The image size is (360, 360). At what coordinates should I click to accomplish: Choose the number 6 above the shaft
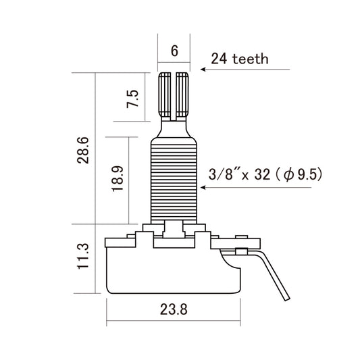pyautogui.click(x=174, y=50)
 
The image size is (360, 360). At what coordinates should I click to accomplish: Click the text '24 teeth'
pyautogui.click(x=240, y=59)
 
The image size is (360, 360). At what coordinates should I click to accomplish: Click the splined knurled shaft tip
pyautogui.click(x=174, y=95)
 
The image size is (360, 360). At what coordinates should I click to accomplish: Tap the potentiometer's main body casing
pyautogui.click(x=174, y=267)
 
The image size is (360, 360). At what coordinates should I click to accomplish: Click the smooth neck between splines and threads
pyautogui.click(x=174, y=127)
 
